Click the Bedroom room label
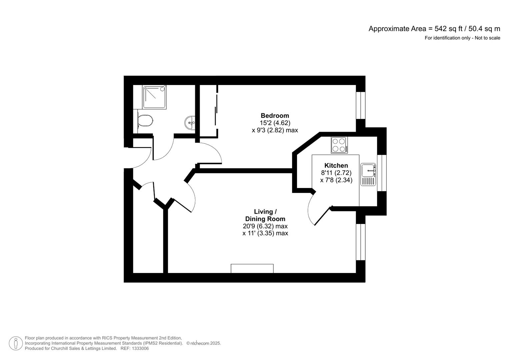(275, 116)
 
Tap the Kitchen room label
(336, 166)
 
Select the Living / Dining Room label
(265, 215)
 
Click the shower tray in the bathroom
(155, 97)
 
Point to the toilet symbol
(146, 120)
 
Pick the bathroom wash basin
(190, 122)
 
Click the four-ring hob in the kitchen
(339, 145)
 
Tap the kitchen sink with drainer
(368, 174)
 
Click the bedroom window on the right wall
(360, 105)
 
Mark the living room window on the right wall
(360, 242)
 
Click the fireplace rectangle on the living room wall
(252, 268)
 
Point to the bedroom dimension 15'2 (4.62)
(275, 123)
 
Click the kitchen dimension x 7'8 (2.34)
(336, 180)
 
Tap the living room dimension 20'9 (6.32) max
(265, 226)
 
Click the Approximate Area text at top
(434, 29)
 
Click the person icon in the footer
(16, 343)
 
